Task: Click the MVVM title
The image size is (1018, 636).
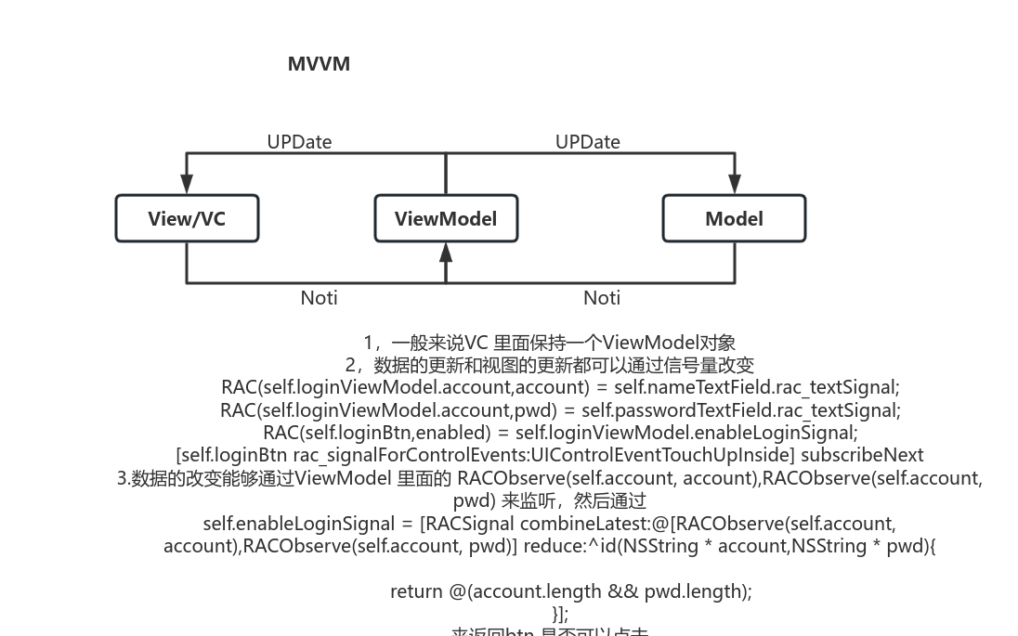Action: click(319, 64)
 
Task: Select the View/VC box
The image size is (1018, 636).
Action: click(187, 218)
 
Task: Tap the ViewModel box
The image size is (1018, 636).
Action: click(446, 218)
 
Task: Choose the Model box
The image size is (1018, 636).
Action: click(734, 218)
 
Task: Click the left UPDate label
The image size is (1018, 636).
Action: click(299, 142)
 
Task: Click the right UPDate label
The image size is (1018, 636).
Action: click(587, 142)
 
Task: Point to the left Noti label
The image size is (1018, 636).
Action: click(319, 298)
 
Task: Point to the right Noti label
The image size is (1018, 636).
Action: click(602, 298)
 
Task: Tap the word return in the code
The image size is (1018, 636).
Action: click(416, 591)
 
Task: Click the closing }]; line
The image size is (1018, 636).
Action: click(560, 614)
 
